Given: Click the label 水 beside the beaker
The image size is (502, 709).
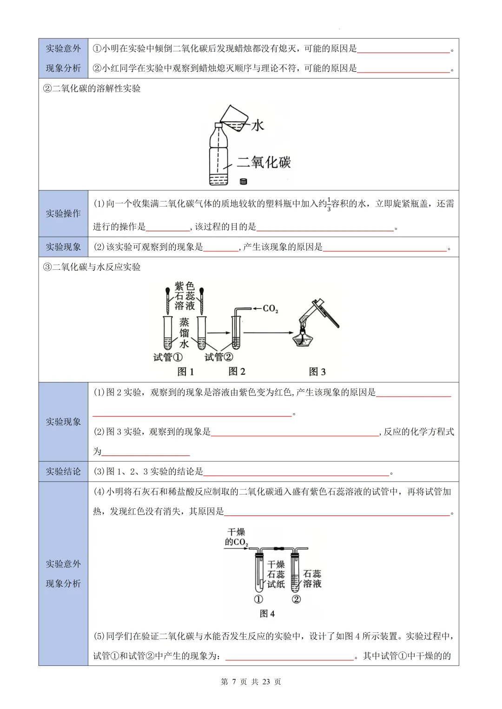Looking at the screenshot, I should click(x=258, y=125).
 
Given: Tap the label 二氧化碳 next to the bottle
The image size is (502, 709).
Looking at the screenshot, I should click(x=264, y=162).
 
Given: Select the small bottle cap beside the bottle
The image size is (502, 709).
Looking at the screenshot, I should click(x=243, y=182).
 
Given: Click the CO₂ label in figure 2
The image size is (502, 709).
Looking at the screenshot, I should click(x=270, y=308).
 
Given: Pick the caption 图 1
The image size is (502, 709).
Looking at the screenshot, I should click(x=185, y=371).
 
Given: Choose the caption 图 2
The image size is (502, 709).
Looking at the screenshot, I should click(x=237, y=371).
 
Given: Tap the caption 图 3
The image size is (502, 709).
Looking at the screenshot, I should click(x=317, y=371).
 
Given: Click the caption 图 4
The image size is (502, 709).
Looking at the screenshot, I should click(x=267, y=614).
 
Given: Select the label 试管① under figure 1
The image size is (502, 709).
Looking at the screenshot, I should click(x=168, y=357).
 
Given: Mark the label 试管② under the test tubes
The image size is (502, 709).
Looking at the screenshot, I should click(x=218, y=357).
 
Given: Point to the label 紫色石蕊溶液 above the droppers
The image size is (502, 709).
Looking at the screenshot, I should click(x=185, y=296).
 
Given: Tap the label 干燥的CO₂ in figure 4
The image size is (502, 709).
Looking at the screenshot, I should click(x=236, y=537).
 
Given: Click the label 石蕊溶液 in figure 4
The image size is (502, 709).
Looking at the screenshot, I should click(x=312, y=579).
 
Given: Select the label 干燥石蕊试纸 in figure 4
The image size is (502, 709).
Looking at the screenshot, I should click(x=276, y=574).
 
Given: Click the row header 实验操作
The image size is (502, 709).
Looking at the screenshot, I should click(x=63, y=214).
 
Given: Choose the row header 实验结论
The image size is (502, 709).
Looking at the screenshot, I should click(x=63, y=472).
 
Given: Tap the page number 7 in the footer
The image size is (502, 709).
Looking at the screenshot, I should click(x=234, y=682).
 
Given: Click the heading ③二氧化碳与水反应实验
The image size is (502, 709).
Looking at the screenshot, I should click(x=92, y=267).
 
